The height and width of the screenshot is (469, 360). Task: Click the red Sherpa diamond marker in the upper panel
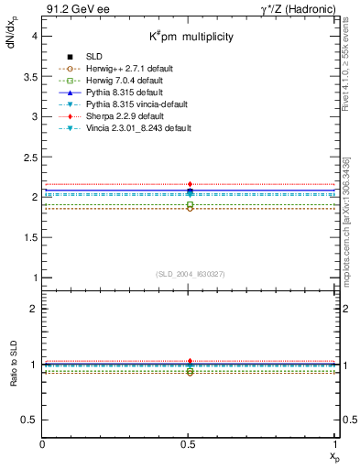pos(190,184)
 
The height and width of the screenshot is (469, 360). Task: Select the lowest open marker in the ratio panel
pos(190,373)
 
